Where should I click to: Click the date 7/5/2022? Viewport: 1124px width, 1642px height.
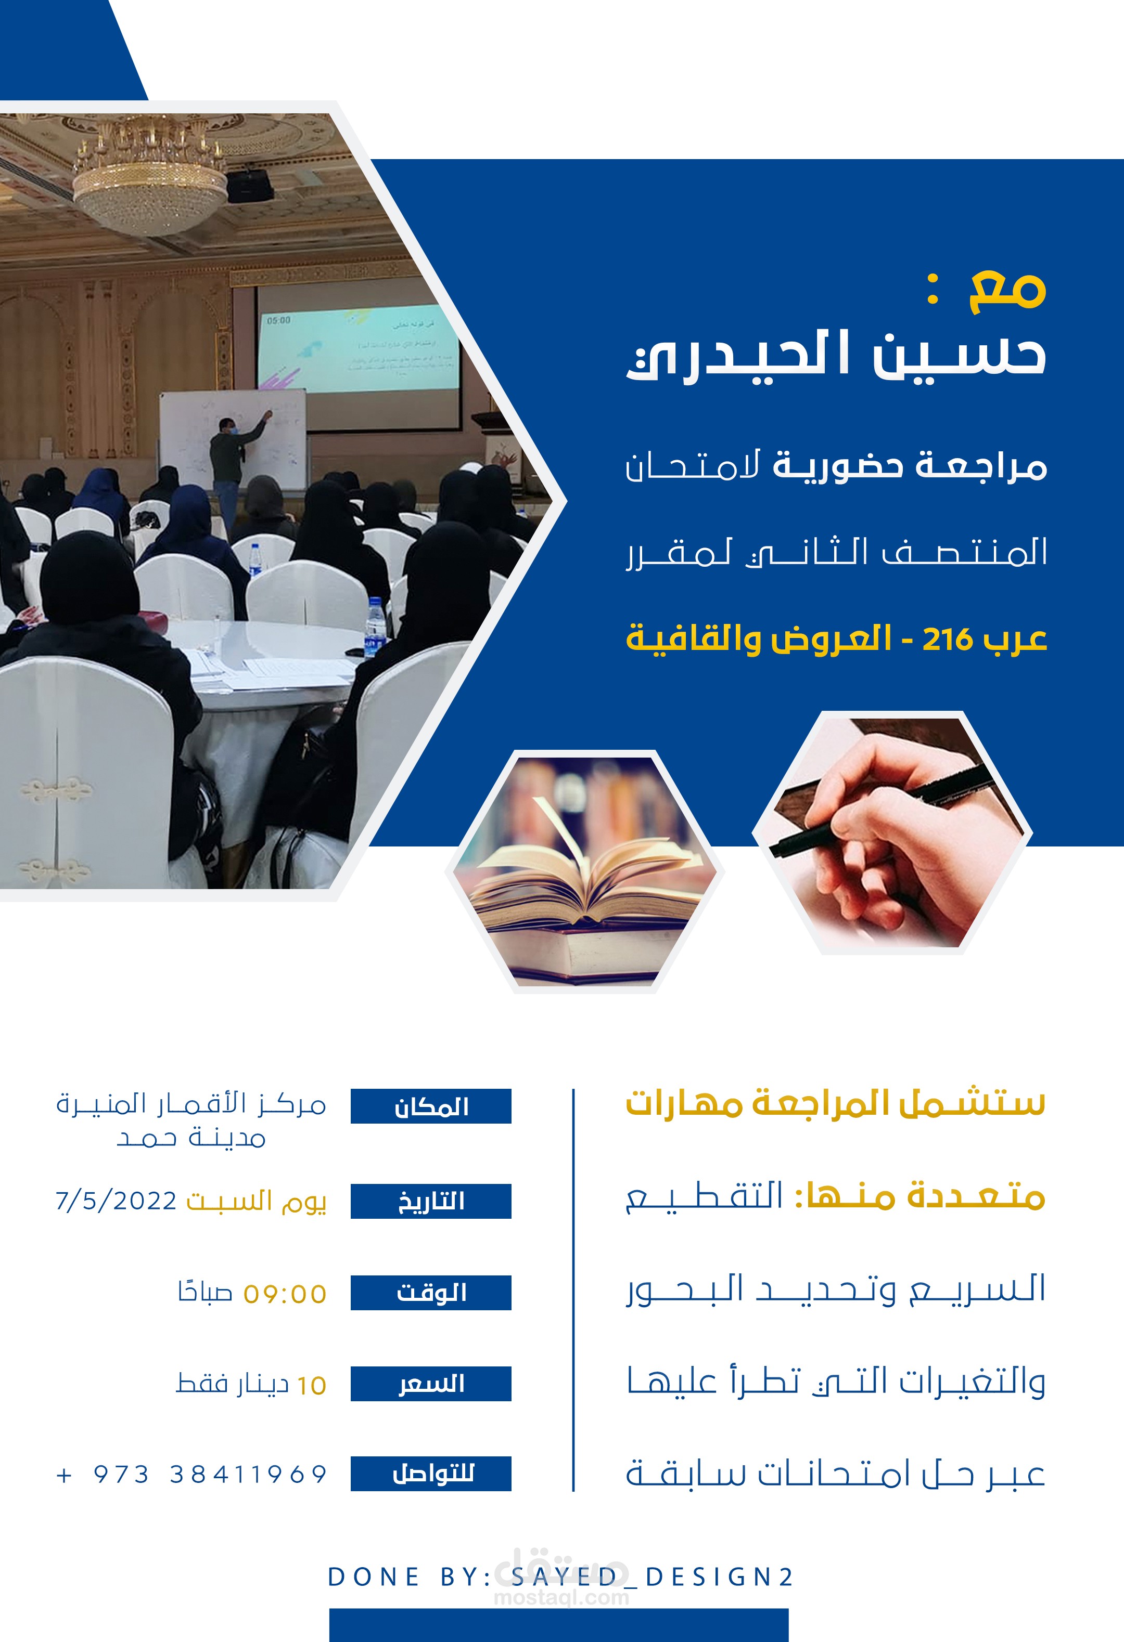[x=116, y=1201]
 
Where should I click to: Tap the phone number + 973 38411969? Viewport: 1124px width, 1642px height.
[x=191, y=1475]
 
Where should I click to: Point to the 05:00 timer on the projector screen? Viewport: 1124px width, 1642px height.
[x=278, y=320]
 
